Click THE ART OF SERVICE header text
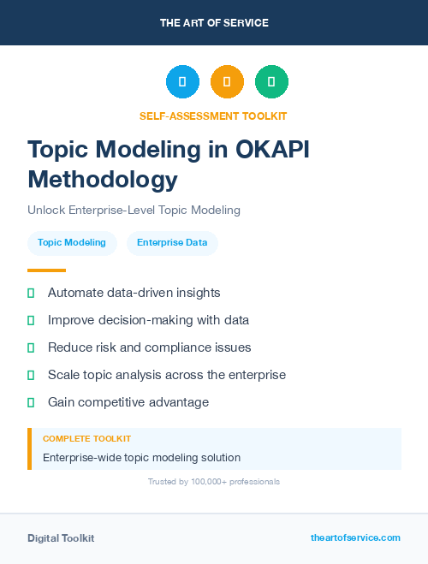pos(214,23)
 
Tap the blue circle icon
pos(182,82)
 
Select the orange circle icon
pos(227,82)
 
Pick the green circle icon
pos(271,82)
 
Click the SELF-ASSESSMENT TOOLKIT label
pos(213,116)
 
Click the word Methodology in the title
pos(103,179)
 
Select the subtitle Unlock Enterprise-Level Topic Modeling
pos(134,210)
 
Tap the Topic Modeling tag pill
pos(72,242)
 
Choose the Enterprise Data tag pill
pos(172,242)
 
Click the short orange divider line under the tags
pos(46,270)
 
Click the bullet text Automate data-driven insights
pos(134,293)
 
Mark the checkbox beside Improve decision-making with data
pos(31,320)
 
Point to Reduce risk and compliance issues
pos(150,347)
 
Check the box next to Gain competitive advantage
pos(31,402)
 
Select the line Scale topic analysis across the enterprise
pos(167,375)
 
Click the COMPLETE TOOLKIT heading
pos(86,438)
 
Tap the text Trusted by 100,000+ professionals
pos(214,482)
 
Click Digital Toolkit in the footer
pos(61,538)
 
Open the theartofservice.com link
pos(355,537)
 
